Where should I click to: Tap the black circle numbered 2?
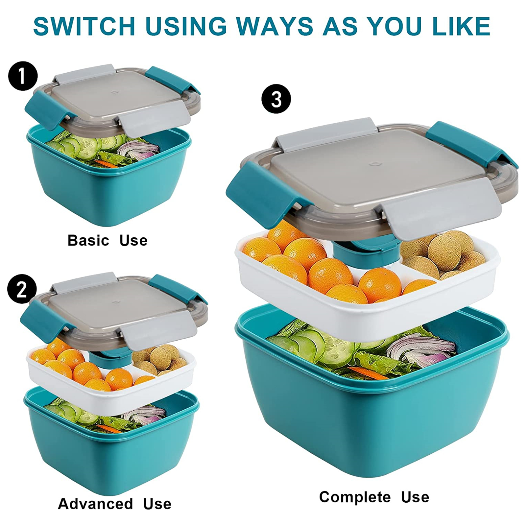tap(22, 289)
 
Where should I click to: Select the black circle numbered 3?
tap(276, 99)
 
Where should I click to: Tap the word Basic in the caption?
tap(88, 241)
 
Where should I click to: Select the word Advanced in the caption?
tap(95, 504)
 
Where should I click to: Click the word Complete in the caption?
tap(355, 497)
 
